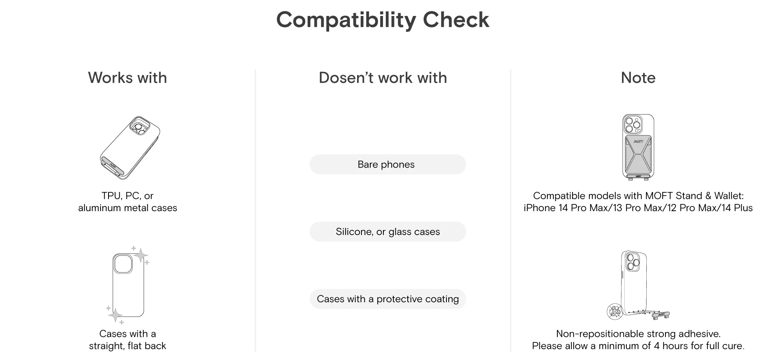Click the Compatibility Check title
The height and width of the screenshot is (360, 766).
[383, 20]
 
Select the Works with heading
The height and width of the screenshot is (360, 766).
[128, 78]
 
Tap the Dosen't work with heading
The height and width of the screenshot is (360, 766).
[383, 78]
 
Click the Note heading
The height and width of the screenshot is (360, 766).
[638, 78]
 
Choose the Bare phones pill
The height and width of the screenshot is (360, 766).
[388, 164]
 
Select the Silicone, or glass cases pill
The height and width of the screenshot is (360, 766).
[388, 232]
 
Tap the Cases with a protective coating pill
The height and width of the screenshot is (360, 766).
[388, 299]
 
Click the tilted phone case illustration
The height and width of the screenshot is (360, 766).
[130, 148]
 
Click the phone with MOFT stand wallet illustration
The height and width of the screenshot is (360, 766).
[638, 147]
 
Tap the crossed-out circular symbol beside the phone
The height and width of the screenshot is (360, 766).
[615, 311]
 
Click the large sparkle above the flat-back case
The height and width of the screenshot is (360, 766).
[140, 255]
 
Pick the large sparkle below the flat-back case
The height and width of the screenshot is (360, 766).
[115, 315]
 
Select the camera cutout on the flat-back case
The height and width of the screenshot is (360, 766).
[123, 264]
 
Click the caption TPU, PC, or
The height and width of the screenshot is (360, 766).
[128, 196]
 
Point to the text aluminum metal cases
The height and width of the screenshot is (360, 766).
[128, 208]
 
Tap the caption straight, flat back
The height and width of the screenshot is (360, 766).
[128, 346]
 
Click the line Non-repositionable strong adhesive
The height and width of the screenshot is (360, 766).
[638, 334]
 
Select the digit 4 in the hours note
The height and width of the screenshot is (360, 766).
[657, 346]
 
